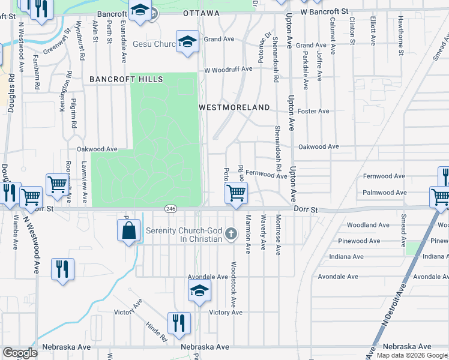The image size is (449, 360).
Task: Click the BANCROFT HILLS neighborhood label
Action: tap(118, 79)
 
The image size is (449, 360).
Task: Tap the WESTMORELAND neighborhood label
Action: tap(234, 107)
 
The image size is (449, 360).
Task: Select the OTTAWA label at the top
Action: tap(202, 13)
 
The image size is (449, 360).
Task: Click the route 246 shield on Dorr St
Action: tap(170, 208)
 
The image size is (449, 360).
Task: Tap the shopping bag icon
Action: tap(129, 230)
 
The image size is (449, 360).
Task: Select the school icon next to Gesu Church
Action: tap(187, 42)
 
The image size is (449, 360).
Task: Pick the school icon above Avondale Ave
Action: tap(199, 291)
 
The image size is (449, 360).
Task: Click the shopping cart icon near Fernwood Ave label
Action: tap(236, 193)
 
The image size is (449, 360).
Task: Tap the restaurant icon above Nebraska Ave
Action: tap(178, 323)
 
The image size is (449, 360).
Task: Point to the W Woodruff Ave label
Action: tap(228, 70)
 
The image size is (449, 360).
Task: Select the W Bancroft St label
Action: tap(325, 11)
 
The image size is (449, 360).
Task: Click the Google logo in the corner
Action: tap(20, 353)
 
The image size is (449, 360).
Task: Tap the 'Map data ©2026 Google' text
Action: tap(412, 355)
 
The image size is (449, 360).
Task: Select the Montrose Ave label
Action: tap(278, 236)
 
